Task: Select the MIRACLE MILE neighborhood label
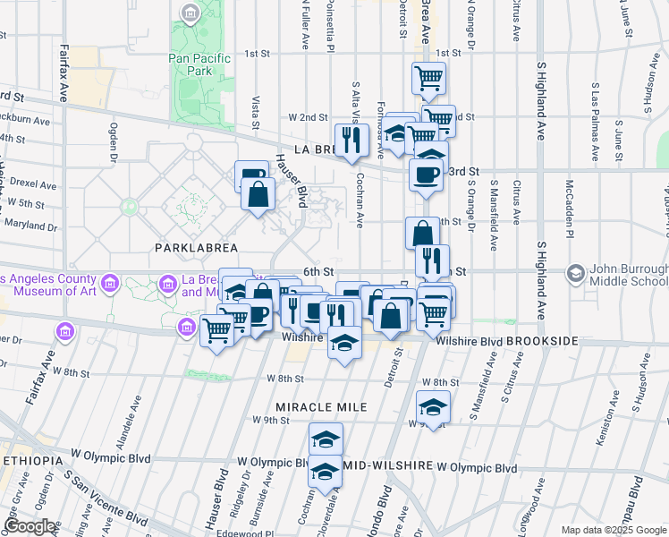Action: click(x=321, y=407)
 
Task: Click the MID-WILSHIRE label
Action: click(x=388, y=467)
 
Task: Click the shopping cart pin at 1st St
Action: click(x=428, y=78)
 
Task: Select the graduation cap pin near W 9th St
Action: click(x=433, y=408)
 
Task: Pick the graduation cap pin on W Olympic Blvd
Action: click(x=326, y=472)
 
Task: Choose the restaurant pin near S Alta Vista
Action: click(x=351, y=140)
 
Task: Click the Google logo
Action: click(x=30, y=526)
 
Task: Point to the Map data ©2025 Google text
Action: click(x=614, y=530)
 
